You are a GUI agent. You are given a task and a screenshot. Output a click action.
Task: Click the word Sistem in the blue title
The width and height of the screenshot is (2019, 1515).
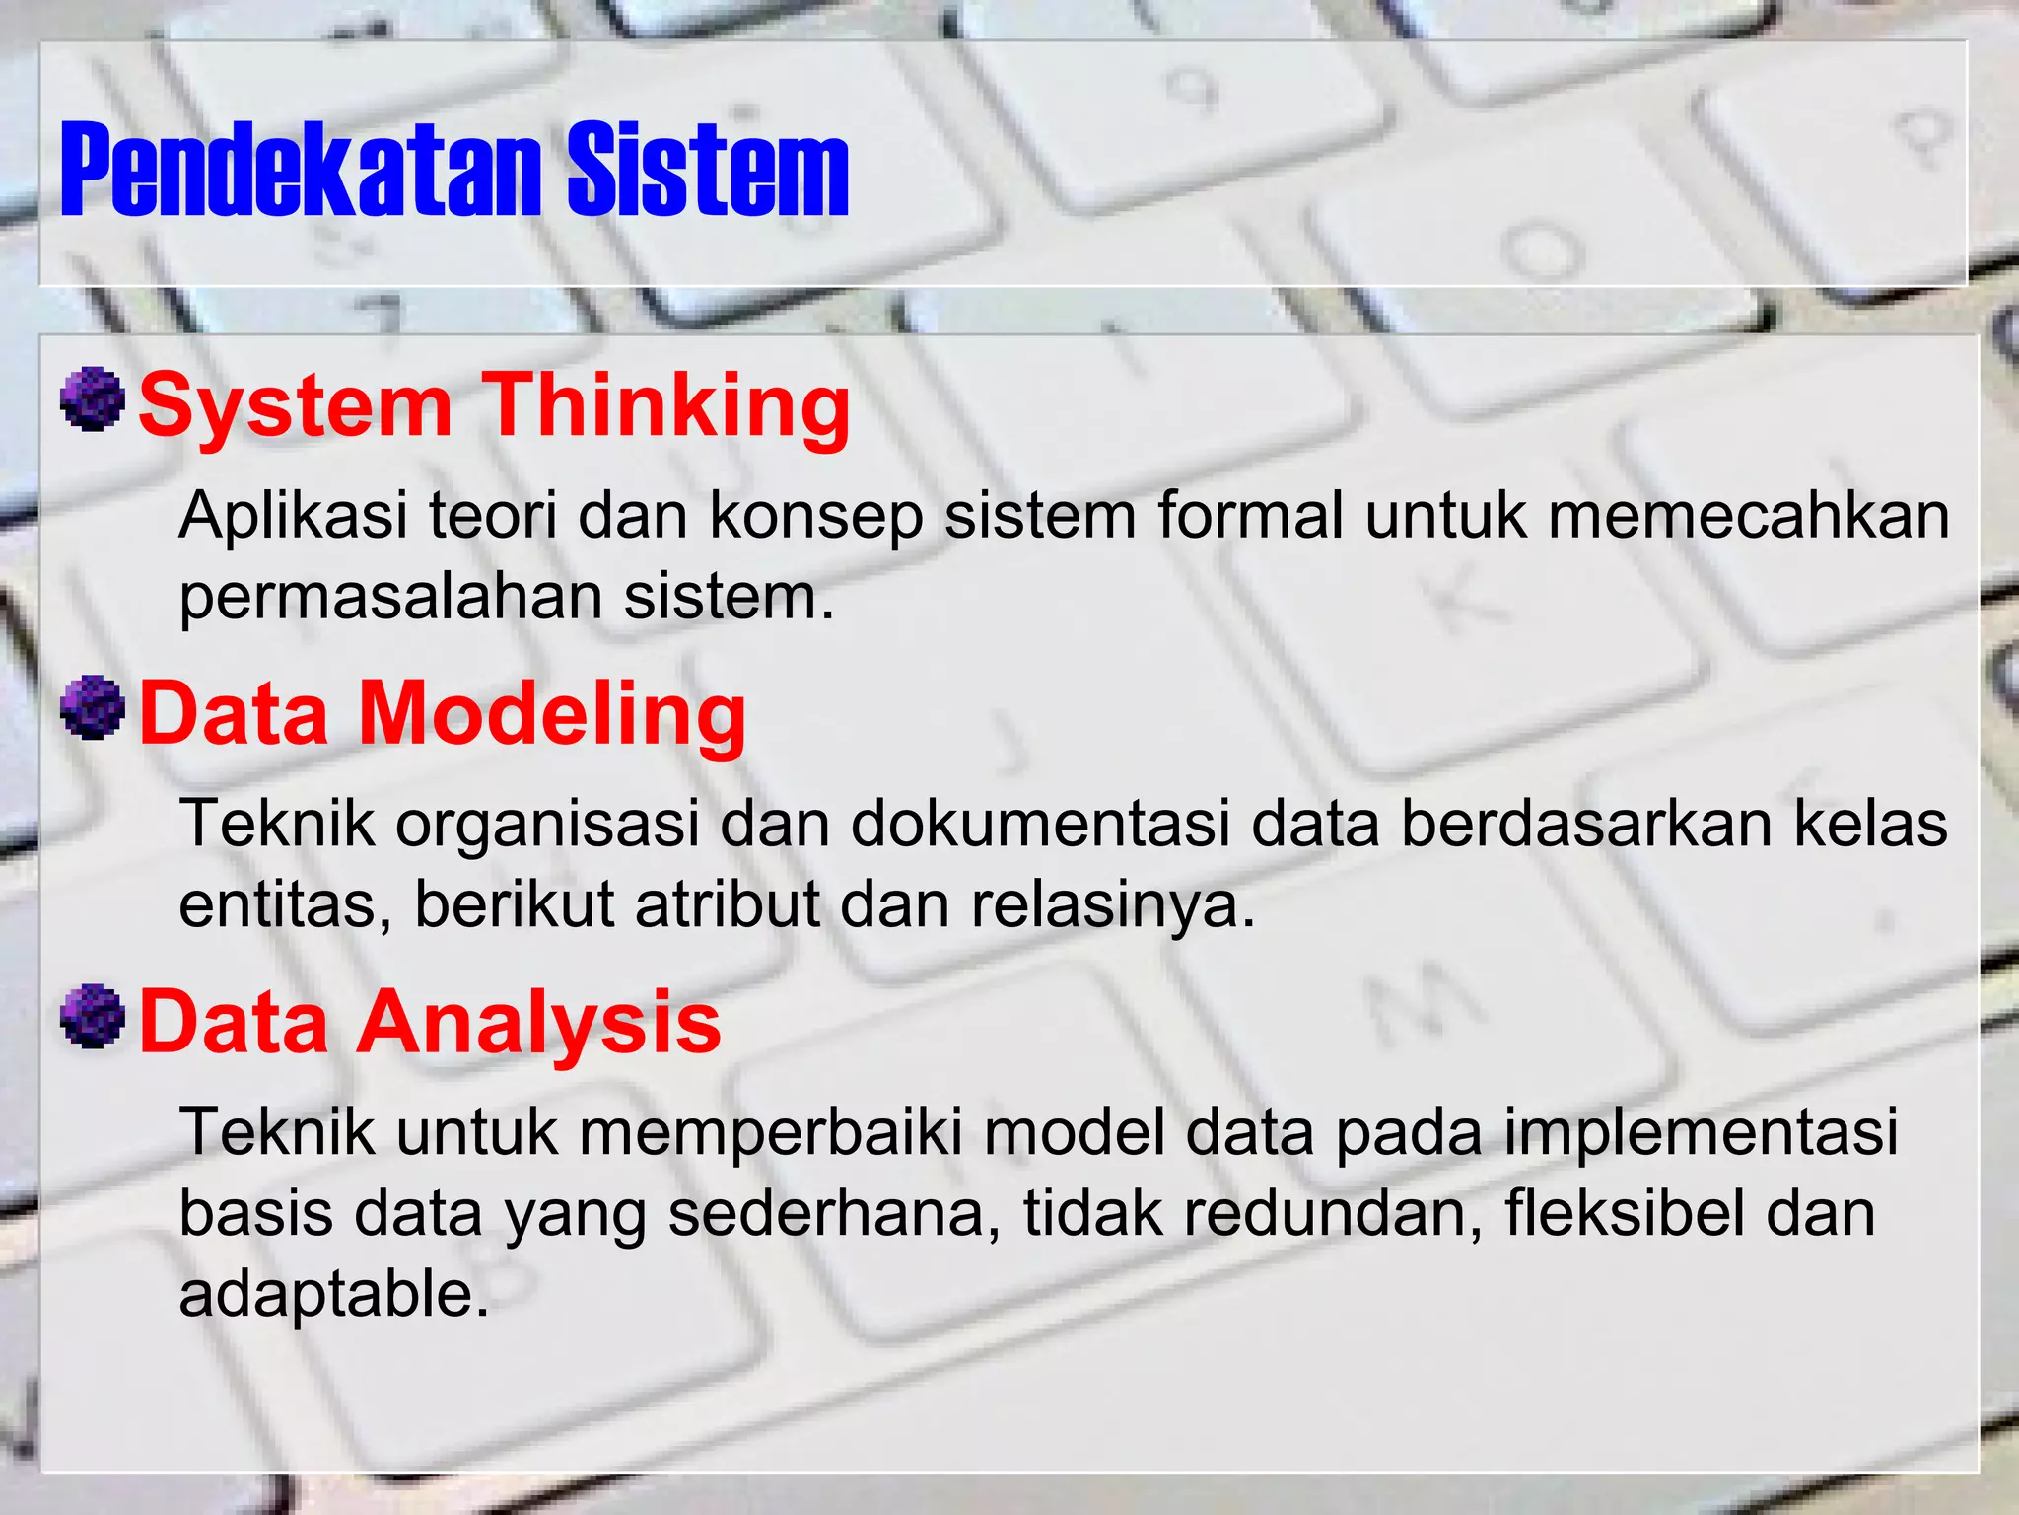click(707, 170)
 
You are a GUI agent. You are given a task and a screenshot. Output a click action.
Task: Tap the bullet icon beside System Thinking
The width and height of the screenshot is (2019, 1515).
click(93, 399)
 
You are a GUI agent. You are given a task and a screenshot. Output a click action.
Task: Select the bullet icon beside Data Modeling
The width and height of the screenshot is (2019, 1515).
click(93, 707)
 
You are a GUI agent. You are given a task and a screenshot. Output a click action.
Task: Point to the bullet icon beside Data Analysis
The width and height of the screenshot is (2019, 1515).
click(93, 1016)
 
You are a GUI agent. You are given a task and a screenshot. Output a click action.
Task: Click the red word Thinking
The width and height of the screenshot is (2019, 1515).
click(669, 405)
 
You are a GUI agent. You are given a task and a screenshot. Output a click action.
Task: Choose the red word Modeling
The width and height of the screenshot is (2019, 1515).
click(552, 713)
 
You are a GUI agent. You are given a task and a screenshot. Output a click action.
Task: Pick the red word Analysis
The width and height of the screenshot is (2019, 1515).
click(539, 1022)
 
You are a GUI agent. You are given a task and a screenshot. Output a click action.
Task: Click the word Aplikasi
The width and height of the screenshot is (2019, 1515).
click(293, 515)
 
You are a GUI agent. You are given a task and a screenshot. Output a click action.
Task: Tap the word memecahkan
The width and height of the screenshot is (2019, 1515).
click(1749, 515)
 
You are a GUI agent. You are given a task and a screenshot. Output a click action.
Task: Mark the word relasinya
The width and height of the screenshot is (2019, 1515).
click(1113, 904)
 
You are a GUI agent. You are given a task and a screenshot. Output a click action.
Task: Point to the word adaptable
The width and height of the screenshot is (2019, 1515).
click(333, 1294)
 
